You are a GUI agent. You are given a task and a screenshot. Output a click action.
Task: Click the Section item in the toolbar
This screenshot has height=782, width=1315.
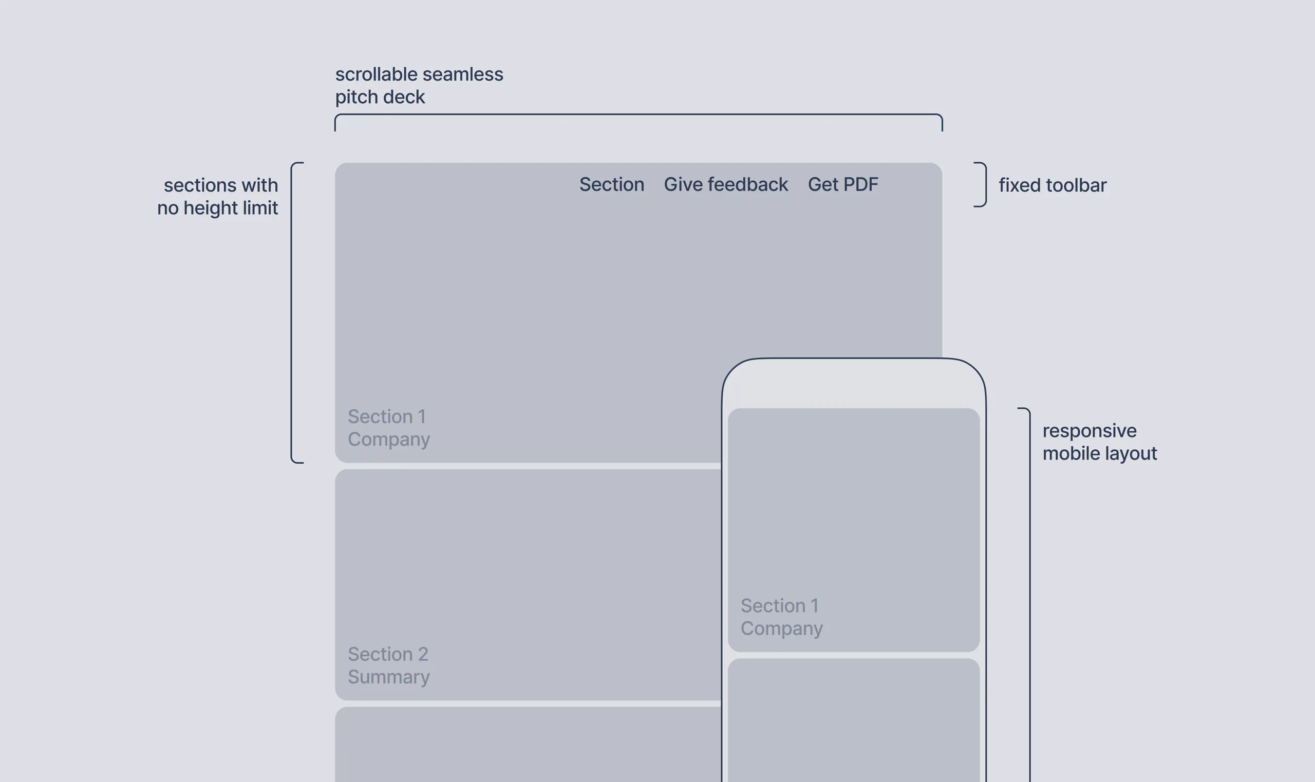[x=611, y=184]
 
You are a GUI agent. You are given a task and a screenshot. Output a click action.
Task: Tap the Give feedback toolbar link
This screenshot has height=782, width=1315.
[x=726, y=184]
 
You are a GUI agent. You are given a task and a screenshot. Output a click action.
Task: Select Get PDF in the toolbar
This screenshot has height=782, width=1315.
[x=843, y=184]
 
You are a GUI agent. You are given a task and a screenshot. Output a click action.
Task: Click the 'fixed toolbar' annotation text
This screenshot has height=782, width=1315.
[x=1052, y=185]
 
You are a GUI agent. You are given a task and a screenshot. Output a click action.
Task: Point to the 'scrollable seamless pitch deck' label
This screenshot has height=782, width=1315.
[x=419, y=85]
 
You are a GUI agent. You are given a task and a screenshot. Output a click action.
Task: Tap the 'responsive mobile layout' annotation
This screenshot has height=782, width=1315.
[x=1099, y=442]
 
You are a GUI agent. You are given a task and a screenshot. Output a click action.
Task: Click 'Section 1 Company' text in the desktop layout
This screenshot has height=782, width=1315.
[x=388, y=428]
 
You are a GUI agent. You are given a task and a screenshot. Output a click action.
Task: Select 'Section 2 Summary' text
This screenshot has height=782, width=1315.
[x=388, y=665]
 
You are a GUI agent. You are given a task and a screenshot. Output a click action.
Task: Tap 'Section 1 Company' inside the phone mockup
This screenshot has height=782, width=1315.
[x=781, y=617]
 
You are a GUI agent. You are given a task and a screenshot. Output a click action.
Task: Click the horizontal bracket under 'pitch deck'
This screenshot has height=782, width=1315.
[x=638, y=115]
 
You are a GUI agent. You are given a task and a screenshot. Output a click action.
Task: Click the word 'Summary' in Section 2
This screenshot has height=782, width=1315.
[x=388, y=677]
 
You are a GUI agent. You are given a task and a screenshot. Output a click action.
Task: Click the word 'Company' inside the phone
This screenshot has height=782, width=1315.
[x=781, y=628]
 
